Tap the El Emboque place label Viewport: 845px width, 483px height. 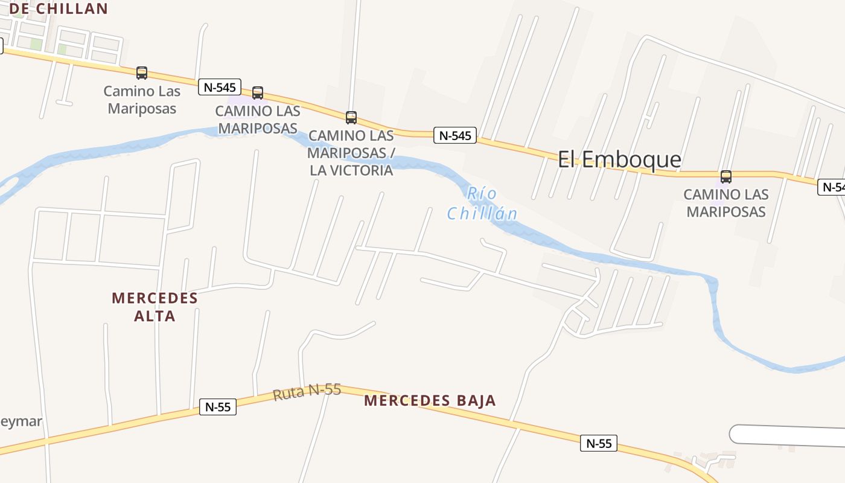click(619, 159)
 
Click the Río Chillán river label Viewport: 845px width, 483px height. click(482, 203)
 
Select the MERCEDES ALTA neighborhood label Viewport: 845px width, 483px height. click(155, 307)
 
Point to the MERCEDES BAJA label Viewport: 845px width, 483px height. click(430, 400)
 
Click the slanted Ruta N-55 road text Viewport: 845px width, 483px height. click(307, 392)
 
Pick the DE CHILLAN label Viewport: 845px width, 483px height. click(58, 8)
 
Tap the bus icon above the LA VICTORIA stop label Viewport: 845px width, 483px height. click(351, 117)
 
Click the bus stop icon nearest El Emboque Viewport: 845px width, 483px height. click(726, 177)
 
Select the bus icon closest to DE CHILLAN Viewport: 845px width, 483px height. click(142, 73)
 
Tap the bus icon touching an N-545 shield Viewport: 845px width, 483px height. click(258, 93)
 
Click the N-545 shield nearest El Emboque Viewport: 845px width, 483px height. click(455, 135)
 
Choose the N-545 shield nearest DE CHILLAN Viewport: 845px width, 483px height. click(220, 87)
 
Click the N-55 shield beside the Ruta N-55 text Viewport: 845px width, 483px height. click(218, 407)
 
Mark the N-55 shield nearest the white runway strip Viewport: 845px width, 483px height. click(599, 443)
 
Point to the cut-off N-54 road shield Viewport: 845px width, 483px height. click(832, 187)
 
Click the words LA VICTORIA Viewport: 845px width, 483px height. click(351, 170)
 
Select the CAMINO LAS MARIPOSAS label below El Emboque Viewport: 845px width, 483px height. click(726, 203)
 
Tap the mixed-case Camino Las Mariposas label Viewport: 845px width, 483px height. click(142, 100)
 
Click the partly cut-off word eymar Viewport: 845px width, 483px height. click(21, 421)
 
